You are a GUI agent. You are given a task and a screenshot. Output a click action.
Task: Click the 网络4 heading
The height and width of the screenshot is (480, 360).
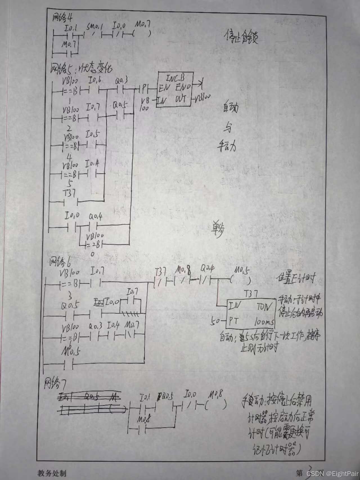point(62,18)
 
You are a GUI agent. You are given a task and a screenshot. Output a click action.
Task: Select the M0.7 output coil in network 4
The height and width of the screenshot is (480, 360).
point(142,33)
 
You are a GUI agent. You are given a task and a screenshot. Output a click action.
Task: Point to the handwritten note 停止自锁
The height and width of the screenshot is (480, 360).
point(242,37)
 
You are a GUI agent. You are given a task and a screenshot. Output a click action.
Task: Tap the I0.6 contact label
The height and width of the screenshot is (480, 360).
point(95,81)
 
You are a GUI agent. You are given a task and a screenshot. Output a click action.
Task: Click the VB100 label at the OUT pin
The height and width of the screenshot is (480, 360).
point(203,99)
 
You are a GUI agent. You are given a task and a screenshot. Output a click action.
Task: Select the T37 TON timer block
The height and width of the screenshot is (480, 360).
point(251,313)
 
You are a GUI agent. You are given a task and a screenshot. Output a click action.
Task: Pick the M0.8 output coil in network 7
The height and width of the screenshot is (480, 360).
point(215,405)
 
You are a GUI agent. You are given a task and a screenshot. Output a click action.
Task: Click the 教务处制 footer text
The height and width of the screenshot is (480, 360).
point(52,473)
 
